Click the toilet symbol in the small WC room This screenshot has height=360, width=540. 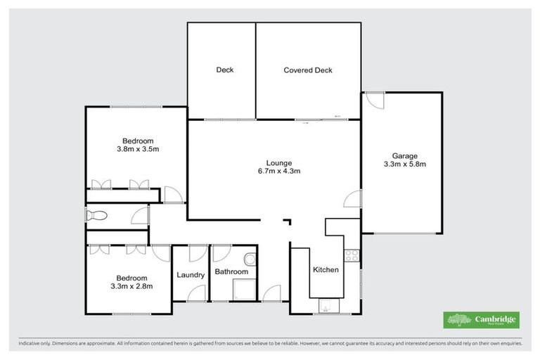(96, 216)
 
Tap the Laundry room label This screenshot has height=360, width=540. (190, 275)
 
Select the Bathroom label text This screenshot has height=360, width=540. (231, 271)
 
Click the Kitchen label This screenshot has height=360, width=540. (326, 269)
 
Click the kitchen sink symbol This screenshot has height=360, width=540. (326, 305)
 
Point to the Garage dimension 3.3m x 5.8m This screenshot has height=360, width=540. (405, 165)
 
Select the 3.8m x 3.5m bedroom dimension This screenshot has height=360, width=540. (138, 149)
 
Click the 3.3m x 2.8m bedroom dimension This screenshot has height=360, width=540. (132, 286)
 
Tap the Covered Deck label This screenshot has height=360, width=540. (307, 70)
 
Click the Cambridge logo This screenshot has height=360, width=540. (481, 320)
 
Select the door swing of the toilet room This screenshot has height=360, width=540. (140, 215)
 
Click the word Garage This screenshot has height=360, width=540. (405, 156)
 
